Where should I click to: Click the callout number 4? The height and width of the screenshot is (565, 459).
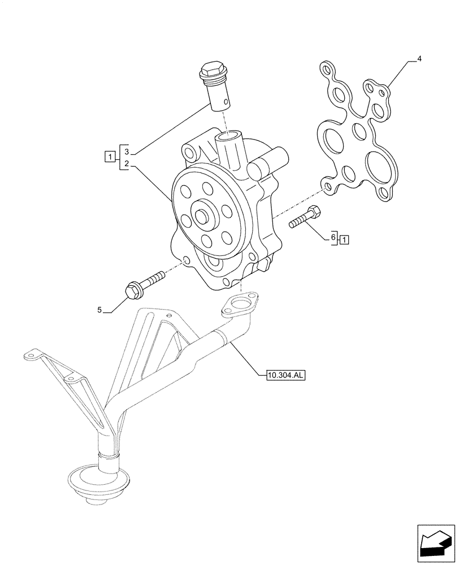[x=419, y=59]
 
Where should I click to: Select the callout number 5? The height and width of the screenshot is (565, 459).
[x=99, y=310]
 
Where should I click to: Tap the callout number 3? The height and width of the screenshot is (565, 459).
[x=127, y=153]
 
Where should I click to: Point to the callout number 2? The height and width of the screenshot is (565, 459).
[x=127, y=164]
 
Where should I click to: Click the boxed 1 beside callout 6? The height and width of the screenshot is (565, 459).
[x=344, y=239]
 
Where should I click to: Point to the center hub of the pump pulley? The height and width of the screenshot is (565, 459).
[x=202, y=216]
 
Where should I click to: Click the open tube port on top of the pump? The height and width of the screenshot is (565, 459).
[x=231, y=137]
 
